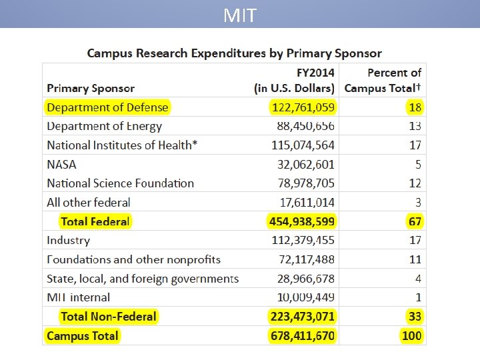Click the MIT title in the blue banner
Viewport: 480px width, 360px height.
(240, 15)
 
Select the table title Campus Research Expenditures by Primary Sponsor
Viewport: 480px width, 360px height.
(235, 53)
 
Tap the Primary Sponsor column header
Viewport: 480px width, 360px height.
(91, 88)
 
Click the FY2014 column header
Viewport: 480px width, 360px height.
(294, 80)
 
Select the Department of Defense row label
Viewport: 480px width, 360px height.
(107, 107)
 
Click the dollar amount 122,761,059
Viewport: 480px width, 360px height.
(303, 107)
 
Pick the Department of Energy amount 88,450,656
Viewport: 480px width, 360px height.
(306, 126)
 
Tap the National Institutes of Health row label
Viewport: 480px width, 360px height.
(122, 145)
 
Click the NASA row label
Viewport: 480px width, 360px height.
(61, 164)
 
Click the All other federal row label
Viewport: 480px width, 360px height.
(88, 202)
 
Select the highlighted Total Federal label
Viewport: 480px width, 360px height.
(95, 221)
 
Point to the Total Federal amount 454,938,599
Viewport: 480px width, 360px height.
(301, 221)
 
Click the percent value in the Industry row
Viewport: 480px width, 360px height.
(415, 240)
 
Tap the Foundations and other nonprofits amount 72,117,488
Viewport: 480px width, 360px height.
(306, 259)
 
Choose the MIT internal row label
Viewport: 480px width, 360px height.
(78, 297)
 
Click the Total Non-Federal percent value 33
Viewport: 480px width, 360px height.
(414, 317)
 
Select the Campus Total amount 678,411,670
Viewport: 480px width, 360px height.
(302, 335)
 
